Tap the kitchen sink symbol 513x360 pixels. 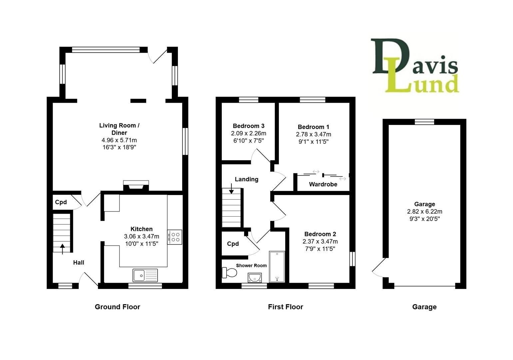coord(145,275)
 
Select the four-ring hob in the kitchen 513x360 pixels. coord(175,237)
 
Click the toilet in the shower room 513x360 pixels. coord(230,273)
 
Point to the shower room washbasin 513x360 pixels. coord(255,277)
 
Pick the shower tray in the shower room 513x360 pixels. coord(277,267)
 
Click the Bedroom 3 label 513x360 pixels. coord(249,126)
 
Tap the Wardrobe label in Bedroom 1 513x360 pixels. coord(323,184)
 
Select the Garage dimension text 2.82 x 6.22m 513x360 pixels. coord(424,212)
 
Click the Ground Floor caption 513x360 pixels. coord(117,307)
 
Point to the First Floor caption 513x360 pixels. coord(285,307)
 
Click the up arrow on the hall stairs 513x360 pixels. coord(62,248)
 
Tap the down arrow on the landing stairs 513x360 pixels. coord(231,189)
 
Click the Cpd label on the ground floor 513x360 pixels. coord(61,202)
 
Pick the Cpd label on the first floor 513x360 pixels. coord(233,244)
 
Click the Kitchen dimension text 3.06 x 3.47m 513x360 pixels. coord(142,236)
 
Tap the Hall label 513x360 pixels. coord(79,263)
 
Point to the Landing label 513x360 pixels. coord(247,179)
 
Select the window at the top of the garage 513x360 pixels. coord(424,122)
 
